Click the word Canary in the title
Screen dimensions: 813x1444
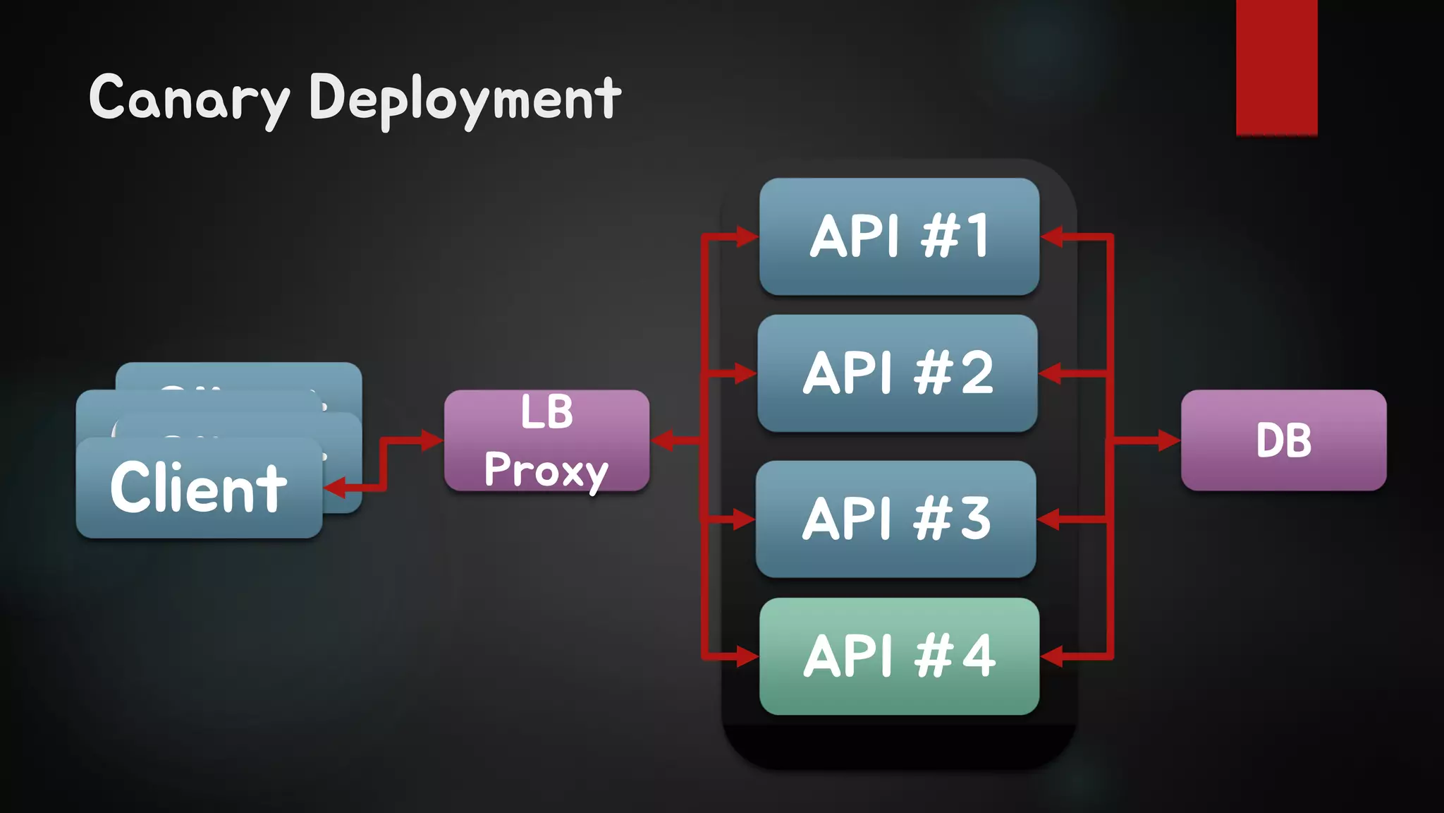coord(189,99)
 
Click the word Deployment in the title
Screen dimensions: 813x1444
coord(465,99)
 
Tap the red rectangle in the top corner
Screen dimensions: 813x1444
coord(1276,67)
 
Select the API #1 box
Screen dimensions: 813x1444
coord(899,236)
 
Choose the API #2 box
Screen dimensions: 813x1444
coord(898,373)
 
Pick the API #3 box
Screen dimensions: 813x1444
coord(895,519)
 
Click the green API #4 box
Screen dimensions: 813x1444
coord(899,656)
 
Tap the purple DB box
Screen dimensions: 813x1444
coord(1283,440)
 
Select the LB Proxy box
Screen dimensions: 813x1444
coord(546,440)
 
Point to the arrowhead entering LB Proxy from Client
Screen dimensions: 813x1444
coord(432,440)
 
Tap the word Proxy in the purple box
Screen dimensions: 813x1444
coord(546,470)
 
